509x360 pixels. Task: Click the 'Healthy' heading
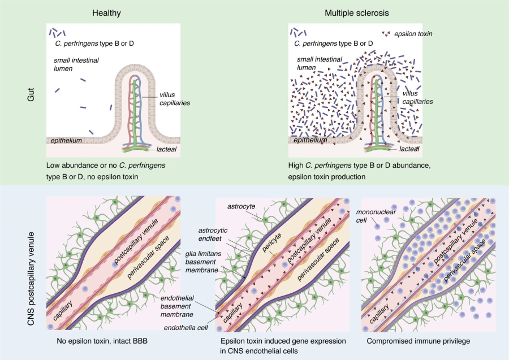pos(106,13)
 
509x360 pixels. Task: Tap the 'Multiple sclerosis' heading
pos(357,13)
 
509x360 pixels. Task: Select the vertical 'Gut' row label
pos(31,94)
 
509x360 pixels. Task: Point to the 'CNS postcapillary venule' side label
pos(31,279)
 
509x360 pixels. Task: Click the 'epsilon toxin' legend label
pos(413,34)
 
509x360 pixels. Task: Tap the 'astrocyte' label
pos(241,206)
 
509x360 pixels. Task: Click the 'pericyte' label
pos(271,242)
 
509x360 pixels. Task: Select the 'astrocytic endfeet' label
pos(213,234)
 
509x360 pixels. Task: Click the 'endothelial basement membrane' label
pos(177,306)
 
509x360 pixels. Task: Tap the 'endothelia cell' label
pos(186,328)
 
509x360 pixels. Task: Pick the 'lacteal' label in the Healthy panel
pos(166,149)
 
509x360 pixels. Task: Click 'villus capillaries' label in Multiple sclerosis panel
pos(417,97)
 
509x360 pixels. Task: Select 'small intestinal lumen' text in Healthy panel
pos(76,64)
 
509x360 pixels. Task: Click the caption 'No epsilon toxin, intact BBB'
pos(102,341)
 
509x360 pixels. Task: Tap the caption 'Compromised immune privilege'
pos(419,341)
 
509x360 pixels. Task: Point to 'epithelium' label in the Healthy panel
pos(66,140)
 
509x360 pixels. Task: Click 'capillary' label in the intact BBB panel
pos(63,311)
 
